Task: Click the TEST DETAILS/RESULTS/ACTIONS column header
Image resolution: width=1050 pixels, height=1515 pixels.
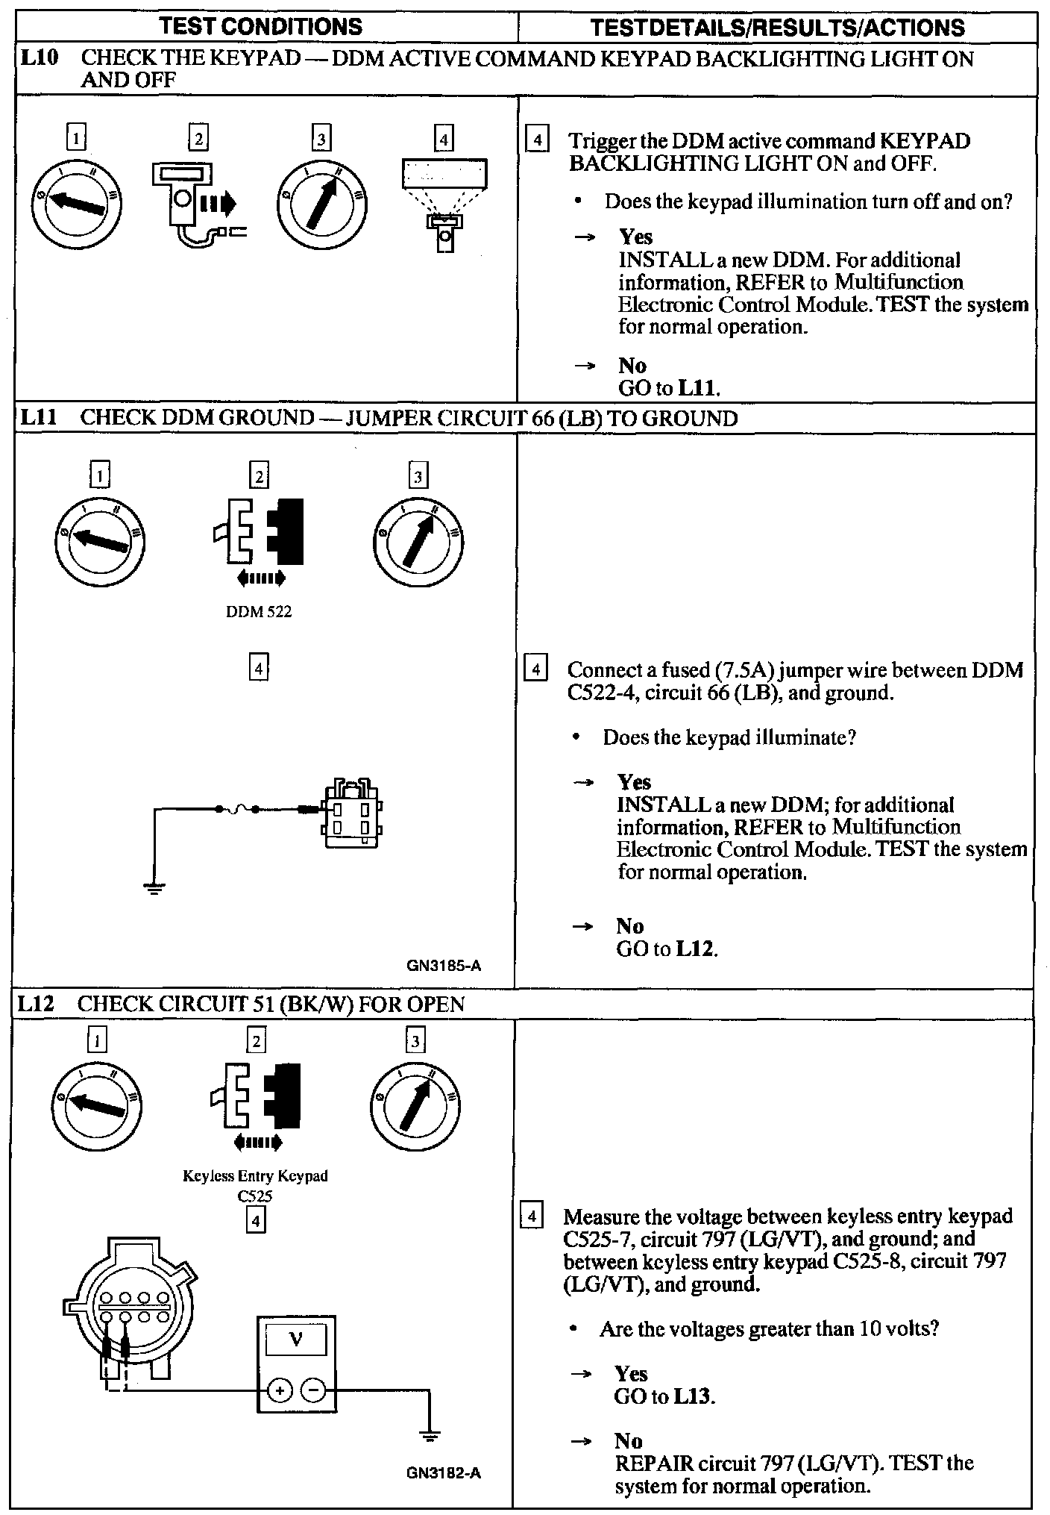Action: tap(777, 28)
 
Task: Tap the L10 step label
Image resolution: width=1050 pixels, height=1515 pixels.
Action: tap(37, 58)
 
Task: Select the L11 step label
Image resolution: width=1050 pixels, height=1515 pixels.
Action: tap(37, 417)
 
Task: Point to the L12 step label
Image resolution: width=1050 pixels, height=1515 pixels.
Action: tap(36, 1004)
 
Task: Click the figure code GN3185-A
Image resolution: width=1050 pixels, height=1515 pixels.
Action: tap(444, 966)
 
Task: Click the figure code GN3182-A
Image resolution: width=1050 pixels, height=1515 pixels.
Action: tap(444, 1473)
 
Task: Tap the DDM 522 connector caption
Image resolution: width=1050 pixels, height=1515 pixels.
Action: tap(259, 612)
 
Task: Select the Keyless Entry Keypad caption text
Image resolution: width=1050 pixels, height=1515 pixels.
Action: tap(255, 1175)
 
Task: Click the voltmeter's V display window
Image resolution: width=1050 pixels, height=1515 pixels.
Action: tap(296, 1340)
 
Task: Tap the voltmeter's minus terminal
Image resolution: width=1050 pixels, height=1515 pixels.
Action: tap(314, 1390)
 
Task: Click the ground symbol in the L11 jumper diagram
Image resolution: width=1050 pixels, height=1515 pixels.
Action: tap(154, 888)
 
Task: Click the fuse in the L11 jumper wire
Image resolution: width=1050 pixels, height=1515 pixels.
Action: tap(236, 809)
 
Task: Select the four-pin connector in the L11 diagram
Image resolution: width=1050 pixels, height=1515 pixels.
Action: tap(352, 814)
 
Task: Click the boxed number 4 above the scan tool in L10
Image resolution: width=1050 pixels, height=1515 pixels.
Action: tap(444, 139)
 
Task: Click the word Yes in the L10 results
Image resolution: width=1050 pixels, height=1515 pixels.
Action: tap(635, 237)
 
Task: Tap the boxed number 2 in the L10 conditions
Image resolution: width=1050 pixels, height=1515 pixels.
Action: tap(198, 139)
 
